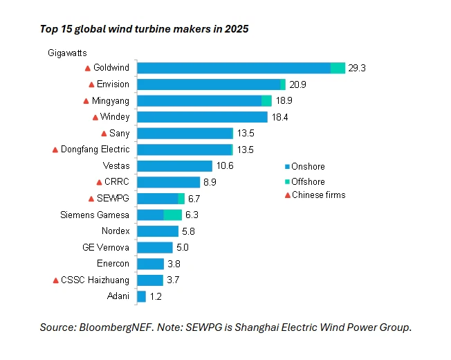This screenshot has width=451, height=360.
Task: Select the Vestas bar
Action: coord(175,166)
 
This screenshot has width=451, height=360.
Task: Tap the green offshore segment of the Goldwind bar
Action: coord(338,68)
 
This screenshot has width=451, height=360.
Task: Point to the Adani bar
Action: coord(142,296)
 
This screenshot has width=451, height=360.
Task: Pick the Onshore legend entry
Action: coord(308,167)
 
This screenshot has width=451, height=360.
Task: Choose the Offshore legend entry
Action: coord(308,181)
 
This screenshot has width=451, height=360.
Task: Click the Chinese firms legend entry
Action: coord(318,195)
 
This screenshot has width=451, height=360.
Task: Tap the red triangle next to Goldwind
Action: coord(87,68)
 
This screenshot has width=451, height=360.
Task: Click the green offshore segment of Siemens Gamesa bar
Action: coord(173,215)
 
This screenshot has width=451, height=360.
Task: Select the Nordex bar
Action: coord(158,231)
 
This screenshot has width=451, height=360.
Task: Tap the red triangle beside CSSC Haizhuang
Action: coord(57,280)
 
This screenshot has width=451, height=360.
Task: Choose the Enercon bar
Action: coord(151,264)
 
